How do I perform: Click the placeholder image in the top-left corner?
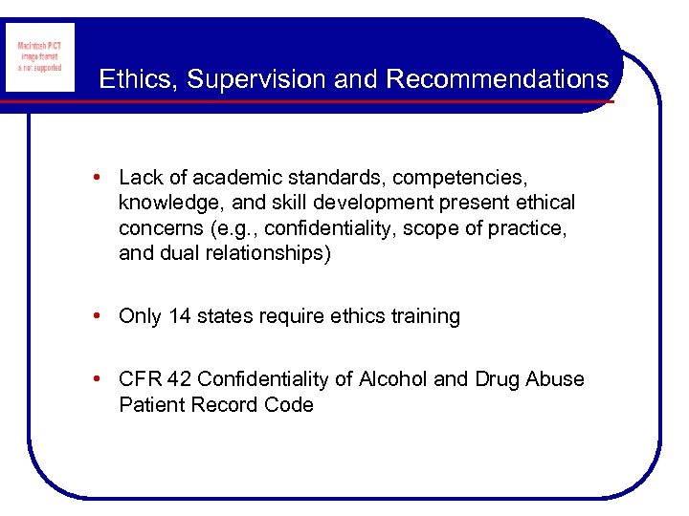39,57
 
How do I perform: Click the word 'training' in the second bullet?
422,316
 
